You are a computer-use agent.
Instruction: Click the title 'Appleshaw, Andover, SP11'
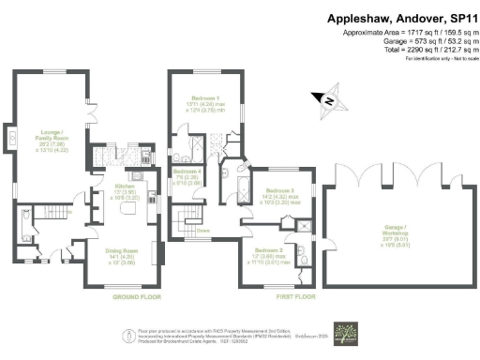(400, 18)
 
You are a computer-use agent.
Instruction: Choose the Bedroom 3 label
(279, 194)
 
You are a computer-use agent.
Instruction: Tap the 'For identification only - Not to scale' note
(435, 58)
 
